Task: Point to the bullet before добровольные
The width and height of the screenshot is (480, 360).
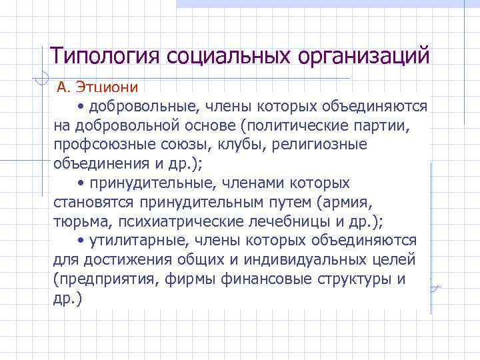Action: pyautogui.click(x=81, y=107)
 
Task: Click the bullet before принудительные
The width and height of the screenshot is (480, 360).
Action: pyautogui.click(x=81, y=183)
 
